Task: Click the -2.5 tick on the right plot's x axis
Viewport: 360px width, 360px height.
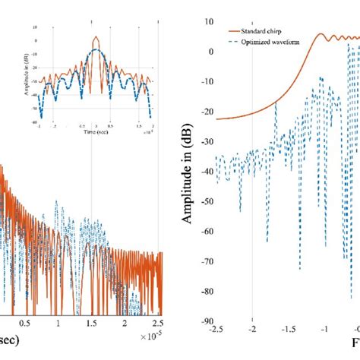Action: (x=216, y=330)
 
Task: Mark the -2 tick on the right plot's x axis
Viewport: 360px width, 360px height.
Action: (x=252, y=330)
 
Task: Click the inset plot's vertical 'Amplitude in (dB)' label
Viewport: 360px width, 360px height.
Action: (x=27, y=73)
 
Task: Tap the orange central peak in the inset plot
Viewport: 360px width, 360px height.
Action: (x=95, y=38)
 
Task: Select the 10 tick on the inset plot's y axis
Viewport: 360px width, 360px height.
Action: (x=35, y=25)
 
